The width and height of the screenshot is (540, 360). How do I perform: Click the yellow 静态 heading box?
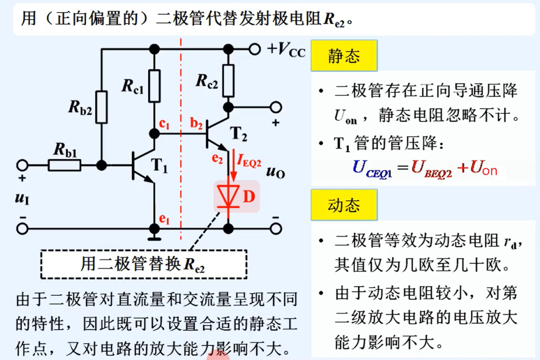click(x=344, y=56)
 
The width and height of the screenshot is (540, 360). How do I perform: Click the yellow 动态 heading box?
click(x=344, y=206)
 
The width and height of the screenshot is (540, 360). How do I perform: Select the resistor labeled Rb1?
click(x=64, y=165)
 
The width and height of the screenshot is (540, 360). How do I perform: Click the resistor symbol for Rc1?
click(x=155, y=83)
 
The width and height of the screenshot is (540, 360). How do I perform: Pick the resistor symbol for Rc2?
click(x=229, y=81)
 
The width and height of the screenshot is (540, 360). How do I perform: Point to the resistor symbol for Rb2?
click(x=102, y=107)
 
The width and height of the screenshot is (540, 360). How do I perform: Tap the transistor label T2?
click(x=239, y=133)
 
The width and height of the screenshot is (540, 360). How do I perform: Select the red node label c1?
click(x=163, y=124)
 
